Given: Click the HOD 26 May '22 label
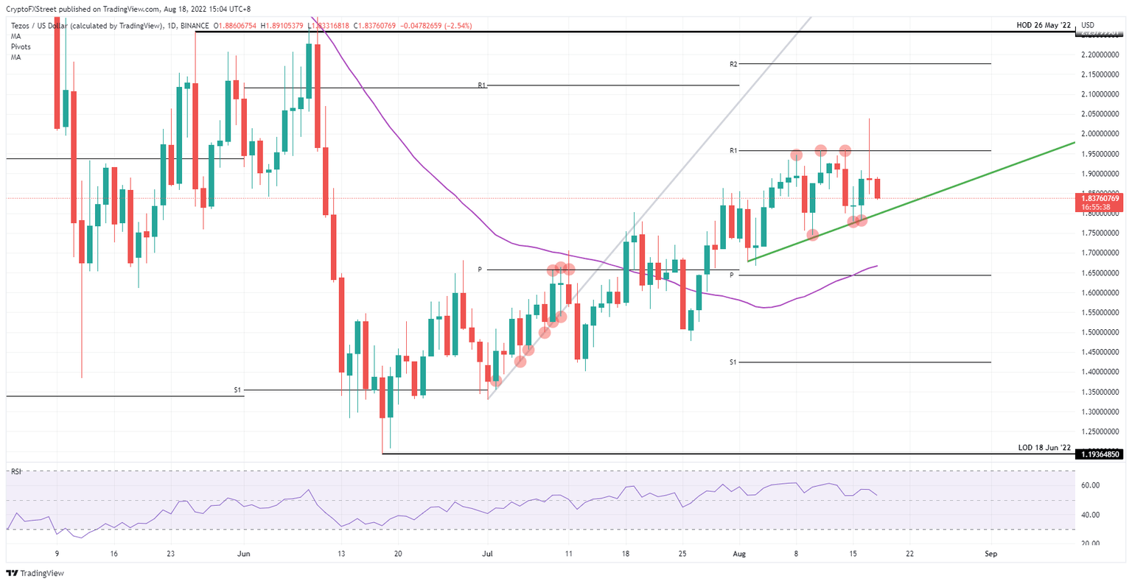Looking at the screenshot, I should pos(1042,25).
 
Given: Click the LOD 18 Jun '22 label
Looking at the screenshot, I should pos(1044,448).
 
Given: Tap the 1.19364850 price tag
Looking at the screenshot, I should pos(1099,454).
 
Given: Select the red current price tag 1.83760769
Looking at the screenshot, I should pos(1099,198).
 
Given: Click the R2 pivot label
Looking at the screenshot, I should pos(733,65).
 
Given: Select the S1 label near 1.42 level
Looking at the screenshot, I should pos(733,362).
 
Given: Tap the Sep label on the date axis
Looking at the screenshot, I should pos(991,552).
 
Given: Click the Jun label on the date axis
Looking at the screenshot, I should pos(243,552).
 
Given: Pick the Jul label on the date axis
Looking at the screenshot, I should pos(486,552).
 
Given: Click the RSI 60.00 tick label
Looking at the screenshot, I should pos(1091,485).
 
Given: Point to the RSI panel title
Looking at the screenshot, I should pos(15,471).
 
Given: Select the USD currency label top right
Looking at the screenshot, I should pos(1087,25).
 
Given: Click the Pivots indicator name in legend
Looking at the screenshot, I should pos(21,46).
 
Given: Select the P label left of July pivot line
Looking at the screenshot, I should pos(480,270).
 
